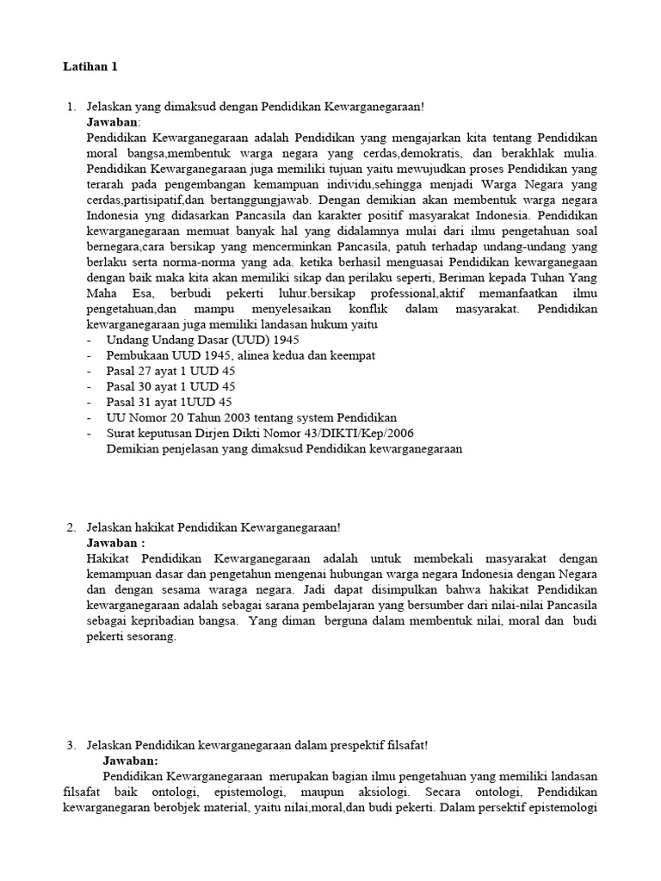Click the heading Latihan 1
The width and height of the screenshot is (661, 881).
coord(90,66)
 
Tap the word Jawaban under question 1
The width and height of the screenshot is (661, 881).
coord(113,122)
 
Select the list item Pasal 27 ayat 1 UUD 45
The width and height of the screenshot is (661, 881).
coord(170,370)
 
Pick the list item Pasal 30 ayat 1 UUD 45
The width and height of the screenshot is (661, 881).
coord(170,386)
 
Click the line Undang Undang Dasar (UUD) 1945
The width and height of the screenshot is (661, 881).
coord(196,339)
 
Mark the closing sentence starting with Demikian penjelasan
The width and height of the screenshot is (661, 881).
coord(284,448)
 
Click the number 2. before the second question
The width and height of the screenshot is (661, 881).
coord(71,527)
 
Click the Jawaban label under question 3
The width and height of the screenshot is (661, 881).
coord(131,761)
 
